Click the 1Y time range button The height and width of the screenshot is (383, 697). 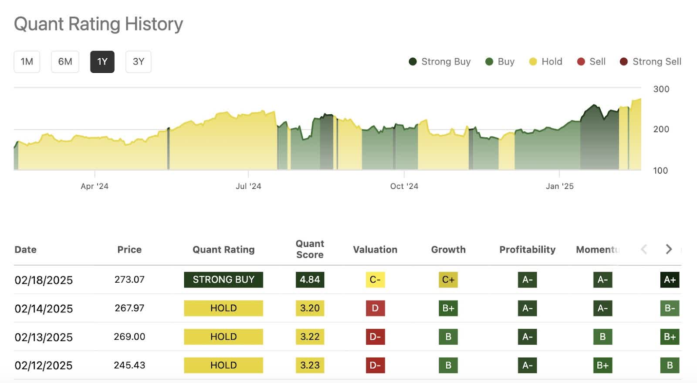(102, 62)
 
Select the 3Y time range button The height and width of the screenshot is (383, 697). (139, 62)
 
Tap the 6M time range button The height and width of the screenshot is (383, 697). (65, 62)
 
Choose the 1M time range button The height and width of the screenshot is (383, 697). (27, 62)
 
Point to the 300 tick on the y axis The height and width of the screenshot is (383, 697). (661, 89)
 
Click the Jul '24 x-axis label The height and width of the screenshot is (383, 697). (248, 186)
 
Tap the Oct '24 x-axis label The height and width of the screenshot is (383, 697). (404, 186)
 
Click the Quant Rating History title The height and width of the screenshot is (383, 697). (98, 24)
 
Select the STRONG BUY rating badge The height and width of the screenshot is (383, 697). (223, 280)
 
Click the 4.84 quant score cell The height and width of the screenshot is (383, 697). (310, 280)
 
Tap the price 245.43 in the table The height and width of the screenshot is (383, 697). (129, 365)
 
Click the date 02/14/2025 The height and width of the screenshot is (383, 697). (44, 308)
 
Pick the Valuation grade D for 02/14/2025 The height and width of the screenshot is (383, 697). (375, 308)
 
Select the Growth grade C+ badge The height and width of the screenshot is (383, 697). (448, 280)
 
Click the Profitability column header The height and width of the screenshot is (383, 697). (527, 250)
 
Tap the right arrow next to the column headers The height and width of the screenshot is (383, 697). (669, 249)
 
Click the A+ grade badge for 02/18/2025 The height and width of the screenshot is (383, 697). (670, 280)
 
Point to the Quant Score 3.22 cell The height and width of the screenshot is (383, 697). (310, 337)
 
